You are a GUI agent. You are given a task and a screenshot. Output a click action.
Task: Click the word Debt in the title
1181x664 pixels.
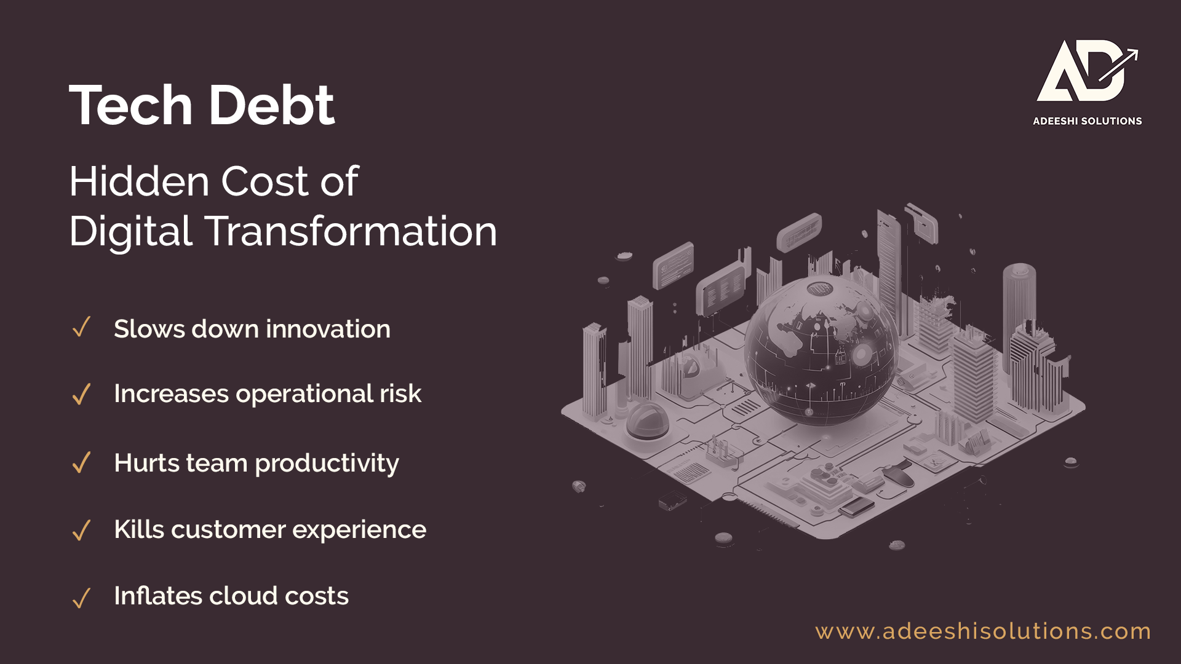(x=272, y=105)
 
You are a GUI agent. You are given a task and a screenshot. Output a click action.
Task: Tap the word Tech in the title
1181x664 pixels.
(x=131, y=105)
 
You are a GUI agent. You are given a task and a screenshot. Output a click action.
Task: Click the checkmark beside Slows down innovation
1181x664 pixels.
(x=81, y=327)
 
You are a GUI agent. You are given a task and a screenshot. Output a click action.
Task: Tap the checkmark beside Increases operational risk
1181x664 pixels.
(x=81, y=394)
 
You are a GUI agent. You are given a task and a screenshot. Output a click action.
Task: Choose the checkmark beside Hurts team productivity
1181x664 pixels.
(x=81, y=462)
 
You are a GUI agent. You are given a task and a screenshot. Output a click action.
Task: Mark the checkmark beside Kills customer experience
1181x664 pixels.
(x=81, y=530)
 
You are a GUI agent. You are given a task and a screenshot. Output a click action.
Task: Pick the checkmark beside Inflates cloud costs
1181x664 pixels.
(x=81, y=598)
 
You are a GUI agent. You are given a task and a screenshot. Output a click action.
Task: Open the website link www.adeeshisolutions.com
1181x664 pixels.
(x=983, y=631)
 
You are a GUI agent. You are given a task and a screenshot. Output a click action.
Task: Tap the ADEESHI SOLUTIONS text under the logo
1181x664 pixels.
(x=1088, y=121)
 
